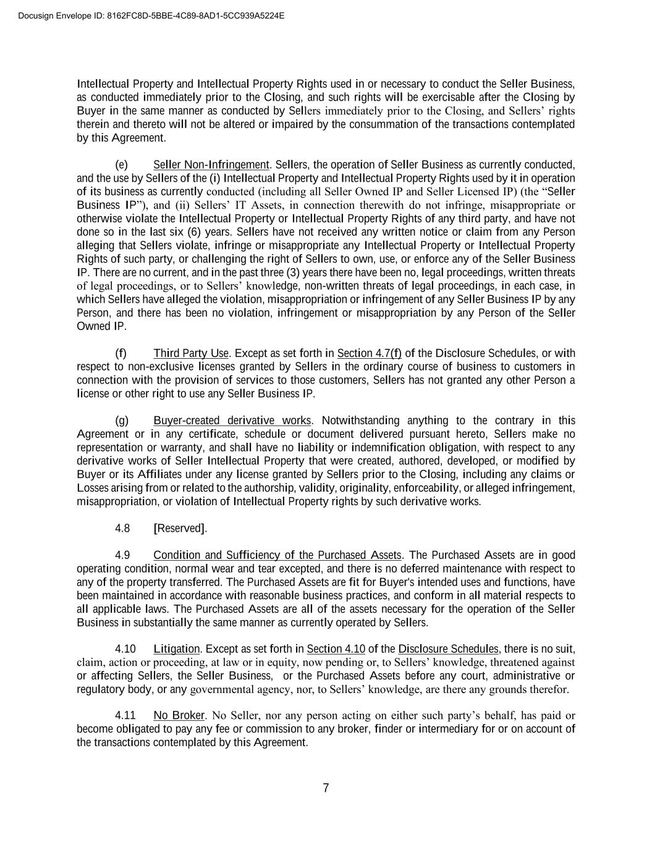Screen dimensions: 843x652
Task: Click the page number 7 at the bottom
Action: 326,788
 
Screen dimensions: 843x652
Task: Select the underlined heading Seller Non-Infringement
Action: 211,165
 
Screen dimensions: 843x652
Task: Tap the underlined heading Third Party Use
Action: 192,353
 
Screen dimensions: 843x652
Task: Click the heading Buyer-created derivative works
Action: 232,421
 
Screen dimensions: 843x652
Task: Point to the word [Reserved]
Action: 180,528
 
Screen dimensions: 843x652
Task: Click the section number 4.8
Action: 122,528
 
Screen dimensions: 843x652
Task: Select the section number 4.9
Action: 122,555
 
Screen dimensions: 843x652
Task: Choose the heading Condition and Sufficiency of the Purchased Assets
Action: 277,555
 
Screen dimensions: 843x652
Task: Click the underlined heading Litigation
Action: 176,649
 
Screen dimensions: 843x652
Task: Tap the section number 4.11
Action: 125,715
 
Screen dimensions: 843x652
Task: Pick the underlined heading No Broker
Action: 179,715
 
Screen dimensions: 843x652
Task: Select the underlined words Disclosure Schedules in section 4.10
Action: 448,649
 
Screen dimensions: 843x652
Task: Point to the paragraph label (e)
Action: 122,165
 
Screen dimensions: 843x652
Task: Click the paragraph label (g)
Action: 122,421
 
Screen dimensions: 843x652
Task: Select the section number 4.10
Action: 125,649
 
